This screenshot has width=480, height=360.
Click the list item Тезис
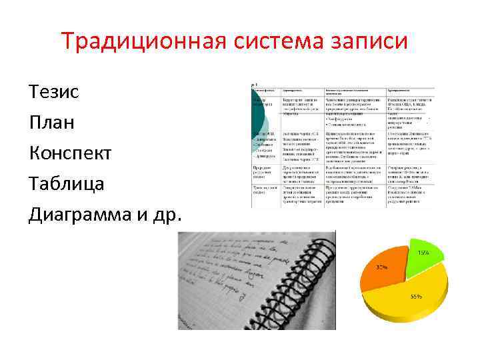click(54, 91)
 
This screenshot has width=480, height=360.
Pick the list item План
click(52, 123)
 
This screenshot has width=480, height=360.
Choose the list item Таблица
click(67, 184)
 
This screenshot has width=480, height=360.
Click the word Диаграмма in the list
click(83, 215)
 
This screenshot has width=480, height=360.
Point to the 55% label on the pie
click(416, 297)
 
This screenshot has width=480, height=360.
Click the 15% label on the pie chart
click(423, 253)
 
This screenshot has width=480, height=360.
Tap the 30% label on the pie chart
click(382, 267)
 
